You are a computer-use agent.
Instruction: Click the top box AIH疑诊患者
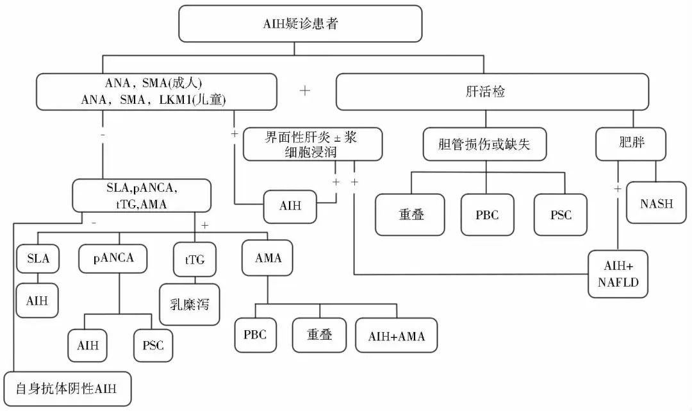point(301,25)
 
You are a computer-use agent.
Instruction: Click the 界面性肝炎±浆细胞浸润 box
point(313,144)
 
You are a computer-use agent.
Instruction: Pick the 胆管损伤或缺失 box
point(486,144)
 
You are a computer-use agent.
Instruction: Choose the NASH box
point(657,204)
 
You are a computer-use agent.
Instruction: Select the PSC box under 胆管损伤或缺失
point(561,215)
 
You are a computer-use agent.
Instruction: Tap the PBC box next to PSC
point(486,215)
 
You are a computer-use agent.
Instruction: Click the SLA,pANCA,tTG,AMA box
point(141,195)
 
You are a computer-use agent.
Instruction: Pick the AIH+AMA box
point(397,335)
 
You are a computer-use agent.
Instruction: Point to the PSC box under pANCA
point(152,346)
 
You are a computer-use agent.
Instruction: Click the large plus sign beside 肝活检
point(305,90)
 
